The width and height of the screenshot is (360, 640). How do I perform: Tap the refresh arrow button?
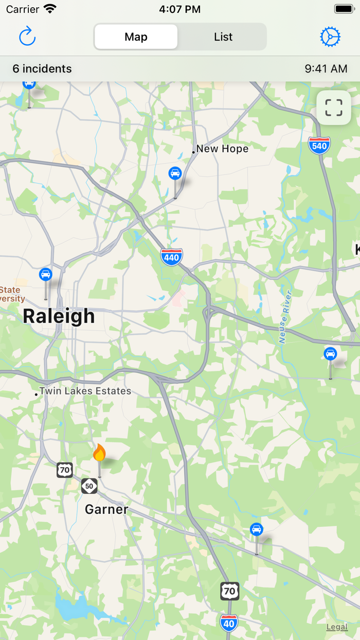coord(27,37)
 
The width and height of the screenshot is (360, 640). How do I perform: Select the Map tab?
coord(136,37)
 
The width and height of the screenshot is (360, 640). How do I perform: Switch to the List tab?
coord(223,37)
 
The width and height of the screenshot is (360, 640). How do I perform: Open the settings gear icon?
coord(330,37)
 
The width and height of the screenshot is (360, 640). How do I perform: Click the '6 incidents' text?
coord(42,69)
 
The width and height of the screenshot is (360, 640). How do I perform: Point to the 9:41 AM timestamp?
coord(326,69)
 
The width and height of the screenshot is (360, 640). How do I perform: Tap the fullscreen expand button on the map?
coord(334,108)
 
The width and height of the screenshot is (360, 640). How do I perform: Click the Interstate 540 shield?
coord(319,146)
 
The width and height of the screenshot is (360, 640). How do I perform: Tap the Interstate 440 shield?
coord(171,256)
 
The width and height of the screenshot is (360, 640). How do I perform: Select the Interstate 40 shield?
coord(229,623)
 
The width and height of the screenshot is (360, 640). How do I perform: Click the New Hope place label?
coord(222,149)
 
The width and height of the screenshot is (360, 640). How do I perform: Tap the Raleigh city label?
coord(59,316)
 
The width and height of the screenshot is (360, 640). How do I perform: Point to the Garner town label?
coord(106,509)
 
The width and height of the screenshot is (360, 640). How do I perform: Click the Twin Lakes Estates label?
coord(85,391)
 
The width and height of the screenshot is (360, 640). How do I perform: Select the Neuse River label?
coord(285,316)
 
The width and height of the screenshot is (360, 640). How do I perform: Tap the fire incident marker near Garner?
coord(99,453)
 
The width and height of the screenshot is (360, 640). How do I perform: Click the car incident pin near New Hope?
coord(175,173)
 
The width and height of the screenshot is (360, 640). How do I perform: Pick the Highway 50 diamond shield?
coord(89,486)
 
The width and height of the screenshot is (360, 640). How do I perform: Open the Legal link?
coord(337,627)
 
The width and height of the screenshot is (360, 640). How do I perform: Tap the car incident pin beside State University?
coord(46,274)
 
